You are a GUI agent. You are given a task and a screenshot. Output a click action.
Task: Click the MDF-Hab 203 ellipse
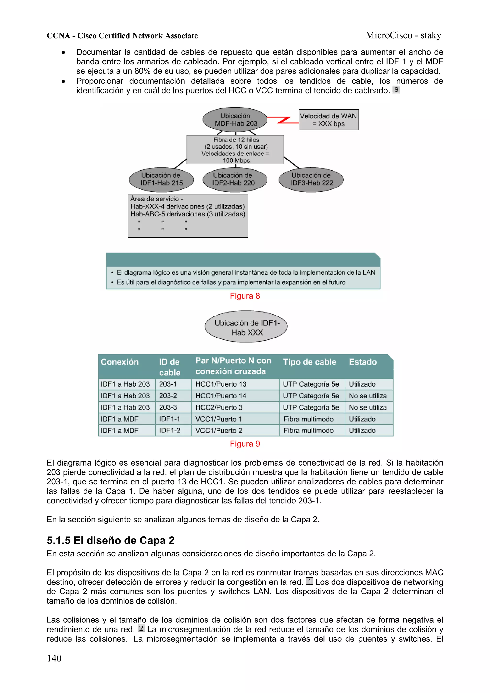pos(235,120)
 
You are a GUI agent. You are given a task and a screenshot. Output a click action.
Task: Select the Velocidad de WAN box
pos(329,120)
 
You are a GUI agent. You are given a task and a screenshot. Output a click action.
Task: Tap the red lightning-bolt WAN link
pos(283,120)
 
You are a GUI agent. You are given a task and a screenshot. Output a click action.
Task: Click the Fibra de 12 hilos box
pos(235,150)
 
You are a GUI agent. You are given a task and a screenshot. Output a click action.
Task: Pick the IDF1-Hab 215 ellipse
pos(161,179)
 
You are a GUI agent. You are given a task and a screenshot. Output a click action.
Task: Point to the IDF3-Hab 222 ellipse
pos(311,179)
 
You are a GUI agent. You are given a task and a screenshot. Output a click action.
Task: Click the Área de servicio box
pos(188,216)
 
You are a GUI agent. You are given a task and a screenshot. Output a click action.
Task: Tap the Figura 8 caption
pos(245,296)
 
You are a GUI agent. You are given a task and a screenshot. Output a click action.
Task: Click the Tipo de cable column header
pos(309,362)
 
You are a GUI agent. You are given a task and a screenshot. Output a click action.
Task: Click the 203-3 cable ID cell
pos(168,407)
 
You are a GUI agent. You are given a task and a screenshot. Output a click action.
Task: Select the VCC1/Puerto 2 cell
pos(219,431)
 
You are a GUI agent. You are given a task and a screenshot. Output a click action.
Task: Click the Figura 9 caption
pos(245,444)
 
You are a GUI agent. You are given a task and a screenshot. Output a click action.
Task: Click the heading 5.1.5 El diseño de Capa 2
pos(111,540)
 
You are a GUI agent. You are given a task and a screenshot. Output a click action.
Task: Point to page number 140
pos(54,658)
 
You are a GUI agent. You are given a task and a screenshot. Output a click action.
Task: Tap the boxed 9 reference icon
pos(396,90)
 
